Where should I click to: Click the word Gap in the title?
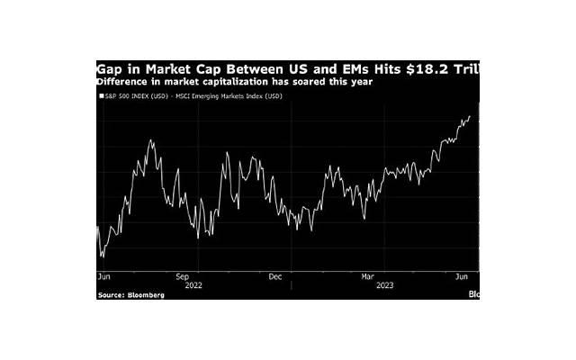112,68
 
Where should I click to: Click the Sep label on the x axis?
182,277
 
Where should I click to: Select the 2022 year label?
194,285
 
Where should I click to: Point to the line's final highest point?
470,116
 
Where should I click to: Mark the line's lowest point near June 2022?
101,257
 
